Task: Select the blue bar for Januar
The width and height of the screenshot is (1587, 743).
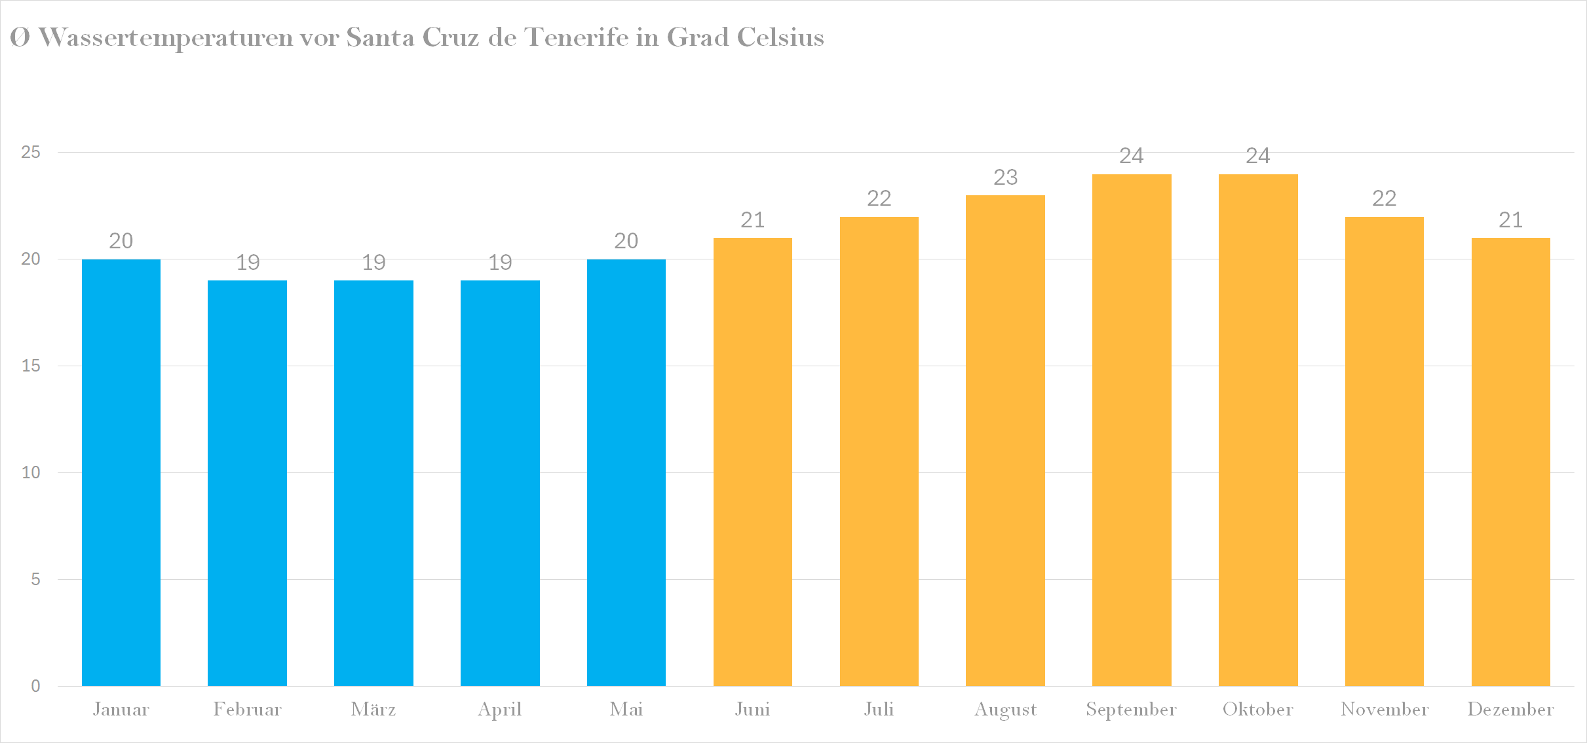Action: [121, 472]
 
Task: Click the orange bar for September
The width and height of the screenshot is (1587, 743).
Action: [1132, 429]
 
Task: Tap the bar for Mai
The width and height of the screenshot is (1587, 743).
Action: [626, 472]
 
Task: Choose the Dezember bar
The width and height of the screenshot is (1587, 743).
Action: [1510, 462]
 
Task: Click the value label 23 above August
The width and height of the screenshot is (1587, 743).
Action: [1005, 177]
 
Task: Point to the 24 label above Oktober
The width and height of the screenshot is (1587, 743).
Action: [1258, 156]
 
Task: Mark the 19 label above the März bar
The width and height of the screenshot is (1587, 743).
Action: [373, 263]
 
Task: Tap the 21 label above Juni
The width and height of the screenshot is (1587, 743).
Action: [752, 220]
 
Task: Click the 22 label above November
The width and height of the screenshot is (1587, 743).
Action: [1384, 199]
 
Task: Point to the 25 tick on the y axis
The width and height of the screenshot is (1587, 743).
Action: [31, 153]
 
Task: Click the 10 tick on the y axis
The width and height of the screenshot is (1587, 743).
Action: [31, 472]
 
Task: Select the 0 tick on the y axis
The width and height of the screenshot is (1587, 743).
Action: [35, 686]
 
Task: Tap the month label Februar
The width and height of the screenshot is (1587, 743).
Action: [247, 710]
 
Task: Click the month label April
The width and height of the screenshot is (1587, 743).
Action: [499, 710]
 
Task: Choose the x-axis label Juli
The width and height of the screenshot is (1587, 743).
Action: [879, 710]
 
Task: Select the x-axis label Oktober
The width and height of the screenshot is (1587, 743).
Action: [1257, 710]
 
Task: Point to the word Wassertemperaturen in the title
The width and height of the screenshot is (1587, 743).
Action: [166, 38]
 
